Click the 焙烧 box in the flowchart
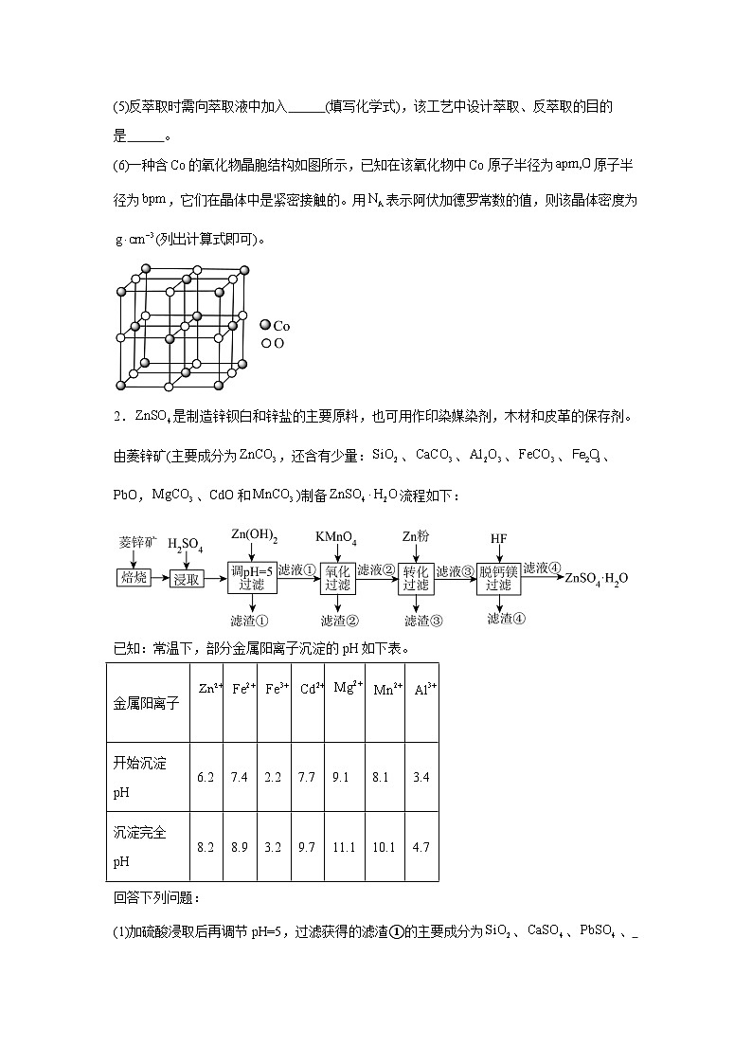click(134, 577)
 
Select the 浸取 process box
click(187, 578)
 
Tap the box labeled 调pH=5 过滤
click(252, 577)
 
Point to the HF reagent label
click(498, 538)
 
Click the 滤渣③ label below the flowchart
click(423, 621)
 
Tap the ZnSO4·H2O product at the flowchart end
click(597, 577)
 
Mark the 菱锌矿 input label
click(135, 541)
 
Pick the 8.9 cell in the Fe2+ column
click(240, 847)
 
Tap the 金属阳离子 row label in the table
click(146, 704)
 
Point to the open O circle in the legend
click(266, 342)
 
